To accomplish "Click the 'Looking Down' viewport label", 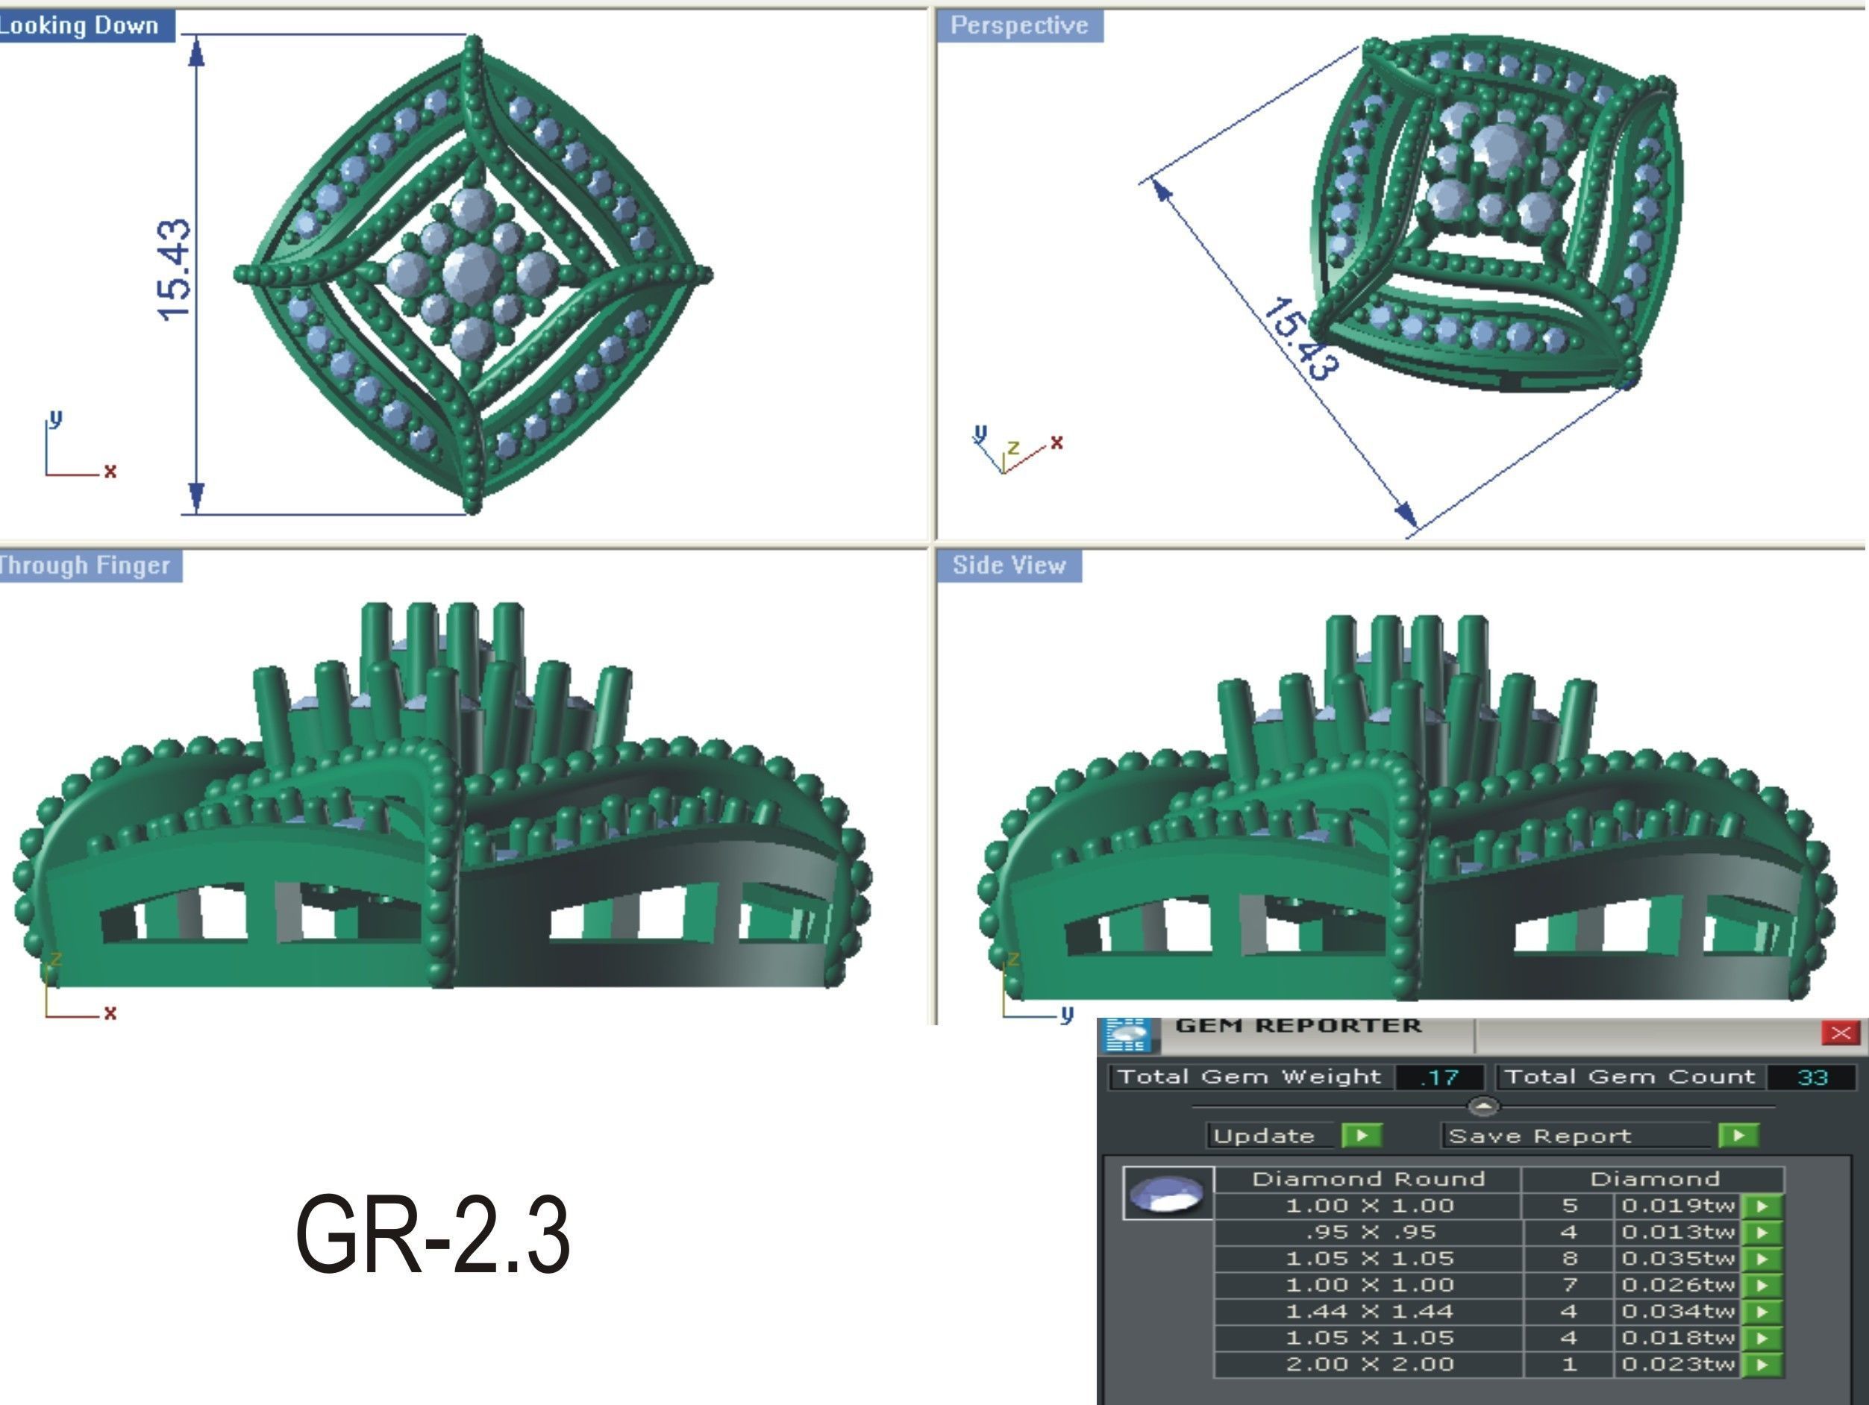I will (81, 25).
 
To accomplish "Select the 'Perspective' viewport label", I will (1018, 25).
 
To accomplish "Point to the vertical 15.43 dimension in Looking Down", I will (175, 270).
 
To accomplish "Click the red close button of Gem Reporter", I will (1840, 1033).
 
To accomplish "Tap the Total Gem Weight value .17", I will (1439, 1077).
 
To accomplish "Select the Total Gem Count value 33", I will (1812, 1077).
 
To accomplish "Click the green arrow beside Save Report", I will (1738, 1136).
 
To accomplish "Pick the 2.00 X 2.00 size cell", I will (1369, 1364).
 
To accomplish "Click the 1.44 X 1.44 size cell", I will (1369, 1311).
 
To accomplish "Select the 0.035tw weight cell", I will (1677, 1258).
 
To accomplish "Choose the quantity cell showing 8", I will (1569, 1258).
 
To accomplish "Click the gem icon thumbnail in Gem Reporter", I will (1168, 1194).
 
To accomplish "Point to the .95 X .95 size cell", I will (1369, 1232).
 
